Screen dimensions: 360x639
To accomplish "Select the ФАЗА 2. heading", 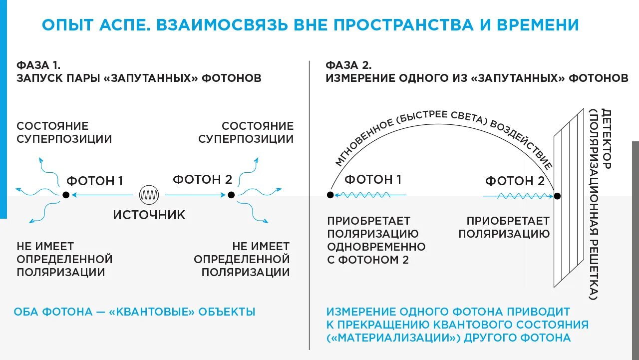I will point(348,65).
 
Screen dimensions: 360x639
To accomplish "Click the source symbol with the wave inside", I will point(149,195).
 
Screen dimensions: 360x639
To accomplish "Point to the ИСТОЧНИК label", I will point(149,215).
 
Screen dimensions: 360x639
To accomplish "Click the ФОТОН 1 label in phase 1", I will point(94,181).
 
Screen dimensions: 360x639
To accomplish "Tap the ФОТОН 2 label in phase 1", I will point(202,179).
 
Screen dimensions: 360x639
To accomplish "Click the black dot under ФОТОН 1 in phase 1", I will point(65,195).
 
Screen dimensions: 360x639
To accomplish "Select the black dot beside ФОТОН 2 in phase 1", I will point(231,195).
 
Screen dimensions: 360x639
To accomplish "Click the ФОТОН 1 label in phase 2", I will point(373,179).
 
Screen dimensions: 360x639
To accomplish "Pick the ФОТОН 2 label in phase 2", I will point(515,181).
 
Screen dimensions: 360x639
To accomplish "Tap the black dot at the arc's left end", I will point(330,195).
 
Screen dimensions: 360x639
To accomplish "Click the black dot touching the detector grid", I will point(558,196).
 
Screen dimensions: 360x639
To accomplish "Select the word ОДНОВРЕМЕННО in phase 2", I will point(376,247).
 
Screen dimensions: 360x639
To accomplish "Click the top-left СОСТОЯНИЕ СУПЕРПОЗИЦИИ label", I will point(64,132).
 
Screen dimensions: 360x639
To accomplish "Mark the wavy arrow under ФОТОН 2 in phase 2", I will point(518,196).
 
